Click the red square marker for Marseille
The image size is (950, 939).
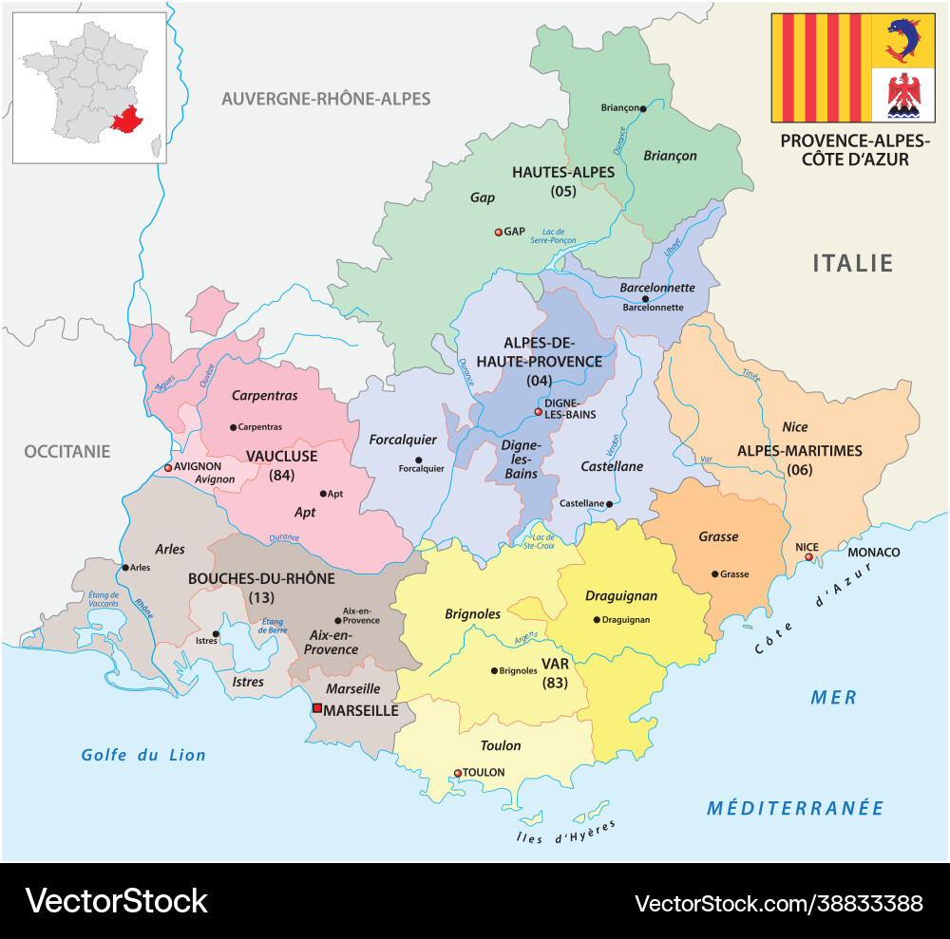[317, 708]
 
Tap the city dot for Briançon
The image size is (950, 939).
[643, 109]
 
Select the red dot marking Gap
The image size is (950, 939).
[498, 232]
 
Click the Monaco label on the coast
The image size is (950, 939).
[873, 552]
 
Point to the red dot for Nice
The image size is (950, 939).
[808, 557]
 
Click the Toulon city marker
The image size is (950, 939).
[458, 773]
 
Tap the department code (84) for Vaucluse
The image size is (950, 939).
[282, 474]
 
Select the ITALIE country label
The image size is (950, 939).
[852, 263]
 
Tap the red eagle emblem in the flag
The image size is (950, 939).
[902, 96]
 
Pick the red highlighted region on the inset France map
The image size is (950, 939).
[127, 121]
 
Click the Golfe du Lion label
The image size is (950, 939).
[143, 755]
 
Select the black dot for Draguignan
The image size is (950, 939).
[596, 620]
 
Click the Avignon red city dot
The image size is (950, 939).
[168, 467]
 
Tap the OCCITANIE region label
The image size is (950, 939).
[67, 451]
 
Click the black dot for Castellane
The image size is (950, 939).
[610, 504]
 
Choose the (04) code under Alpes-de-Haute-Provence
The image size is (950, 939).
[539, 380]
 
